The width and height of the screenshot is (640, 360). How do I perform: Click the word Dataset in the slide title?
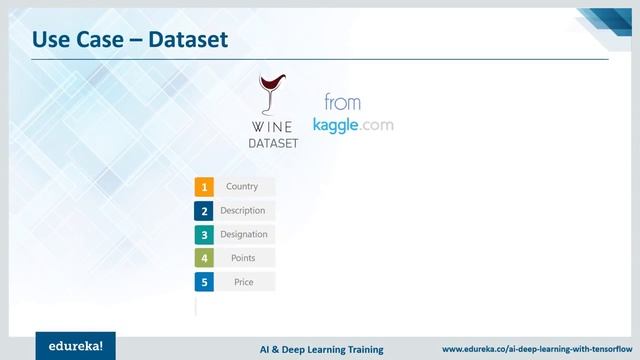pyautogui.click(x=189, y=39)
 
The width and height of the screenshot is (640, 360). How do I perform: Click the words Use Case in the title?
pyautogui.click(x=76, y=39)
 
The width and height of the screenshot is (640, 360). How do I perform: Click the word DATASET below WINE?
pyautogui.click(x=273, y=143)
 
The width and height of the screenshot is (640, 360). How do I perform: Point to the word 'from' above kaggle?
pyautogui.click(x=342, y=102)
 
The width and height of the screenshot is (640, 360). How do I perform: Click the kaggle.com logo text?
pyautogui.click(x=353, y=125)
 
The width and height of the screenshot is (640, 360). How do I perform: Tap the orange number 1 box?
pyautogui.click(x=204, y=187)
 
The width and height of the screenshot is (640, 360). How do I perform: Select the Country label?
pyautogui.click(x=243, y=187)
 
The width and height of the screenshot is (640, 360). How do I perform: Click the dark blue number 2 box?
pyautogui.click(x=204, y=211)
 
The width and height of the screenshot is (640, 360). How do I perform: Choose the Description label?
pyautogui.click(x=243, y=211)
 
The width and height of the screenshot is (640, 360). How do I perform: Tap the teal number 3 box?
pyautogui.click(x=204, y=235)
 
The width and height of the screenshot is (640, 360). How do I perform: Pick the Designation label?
pyautogui.click(x=244, y=235)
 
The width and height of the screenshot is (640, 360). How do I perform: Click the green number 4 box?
pyautogui.click(x=204, y=258)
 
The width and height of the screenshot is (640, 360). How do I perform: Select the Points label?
pyautogui.click(x=243, y=258)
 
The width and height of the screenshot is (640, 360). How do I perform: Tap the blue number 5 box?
pyautogui.click(x=204, y=282)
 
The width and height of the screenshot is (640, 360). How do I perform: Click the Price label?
pyautogui.click(x=243, y=282)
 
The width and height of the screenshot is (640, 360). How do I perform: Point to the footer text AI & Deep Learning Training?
pyautogui.click(x=315, y=349)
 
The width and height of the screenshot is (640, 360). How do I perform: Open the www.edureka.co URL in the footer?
pyautogui.click(x=535, y=349)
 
